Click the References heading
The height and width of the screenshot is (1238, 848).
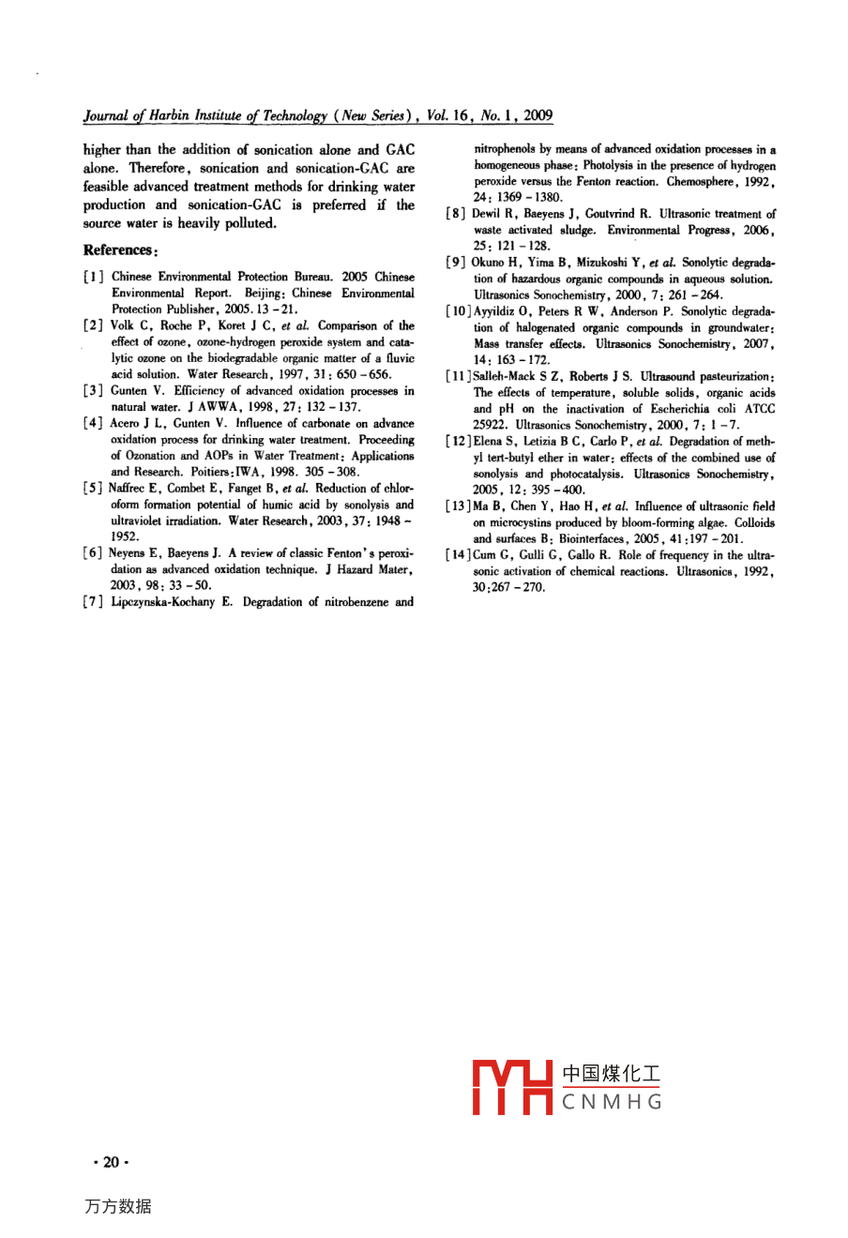(119, 250)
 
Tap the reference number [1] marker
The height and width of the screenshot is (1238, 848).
(92, 278)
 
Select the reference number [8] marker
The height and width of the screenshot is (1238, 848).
(456, 215)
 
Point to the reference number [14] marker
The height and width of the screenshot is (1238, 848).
(459, 555)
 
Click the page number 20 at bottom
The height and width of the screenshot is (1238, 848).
(111, 1163)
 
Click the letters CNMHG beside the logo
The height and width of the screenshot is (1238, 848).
(612, 1102)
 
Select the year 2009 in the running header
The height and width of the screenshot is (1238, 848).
(538, 116)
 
